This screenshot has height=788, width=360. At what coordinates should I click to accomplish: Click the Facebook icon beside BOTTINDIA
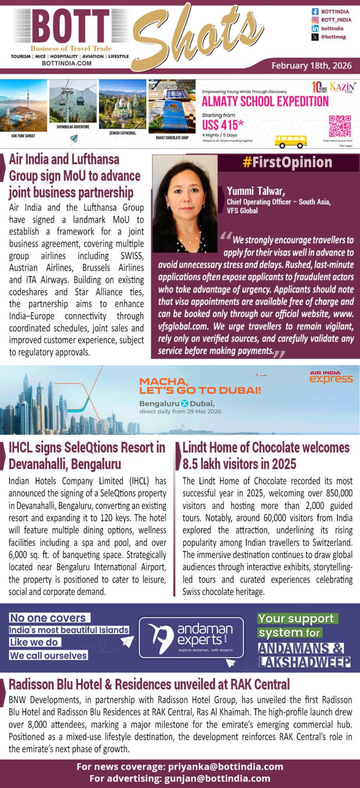pyautogui.click(x=315, y=12)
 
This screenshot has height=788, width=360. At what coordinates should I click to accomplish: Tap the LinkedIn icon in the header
pyautogui.click(x=315, y=28)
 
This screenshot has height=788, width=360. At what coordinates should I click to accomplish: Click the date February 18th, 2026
pyautogui.click(x=312, y=66)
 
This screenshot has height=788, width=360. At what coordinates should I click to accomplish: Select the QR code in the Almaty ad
pyautogui.click(x=339, y=126)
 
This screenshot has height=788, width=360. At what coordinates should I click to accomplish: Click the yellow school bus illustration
pyautogui.click(x=290, y=141)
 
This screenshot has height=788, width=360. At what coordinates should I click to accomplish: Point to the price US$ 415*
pyautogui.click(x=223, y=125)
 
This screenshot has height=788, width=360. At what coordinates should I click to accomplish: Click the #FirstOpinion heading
pyautogui.click(x=288, y=162)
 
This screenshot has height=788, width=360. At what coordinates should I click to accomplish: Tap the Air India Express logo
pyautogui.click(x=331, y=377)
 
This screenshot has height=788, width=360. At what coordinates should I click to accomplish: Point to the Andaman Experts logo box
pyautogui.click(x=191, y=637)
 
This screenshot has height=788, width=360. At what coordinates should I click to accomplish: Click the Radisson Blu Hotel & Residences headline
pyautogui.click(x=149, y=684)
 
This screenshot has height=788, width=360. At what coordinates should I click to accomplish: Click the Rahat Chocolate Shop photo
pyautogui.click(x=172, y=107)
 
